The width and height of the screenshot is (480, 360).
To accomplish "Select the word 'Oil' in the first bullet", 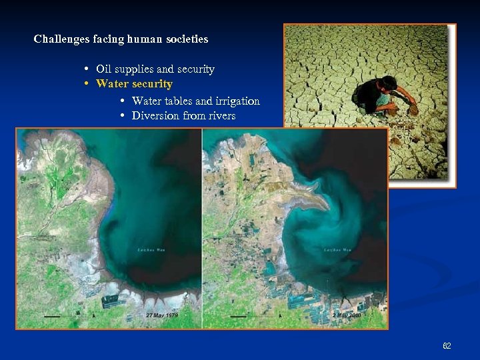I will pos(103,69).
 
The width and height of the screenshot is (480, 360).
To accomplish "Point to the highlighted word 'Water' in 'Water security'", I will pos(111,84).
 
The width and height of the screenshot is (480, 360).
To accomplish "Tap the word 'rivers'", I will pos(222,116).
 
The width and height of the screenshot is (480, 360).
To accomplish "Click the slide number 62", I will pos(447,346).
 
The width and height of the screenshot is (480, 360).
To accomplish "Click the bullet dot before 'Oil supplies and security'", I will pos(87,69).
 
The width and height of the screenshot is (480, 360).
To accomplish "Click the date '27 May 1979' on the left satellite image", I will pos(163,315).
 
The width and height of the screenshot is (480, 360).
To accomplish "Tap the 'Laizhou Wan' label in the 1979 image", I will pos(151,250).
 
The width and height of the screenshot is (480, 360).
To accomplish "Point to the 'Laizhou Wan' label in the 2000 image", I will pos(337,250).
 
